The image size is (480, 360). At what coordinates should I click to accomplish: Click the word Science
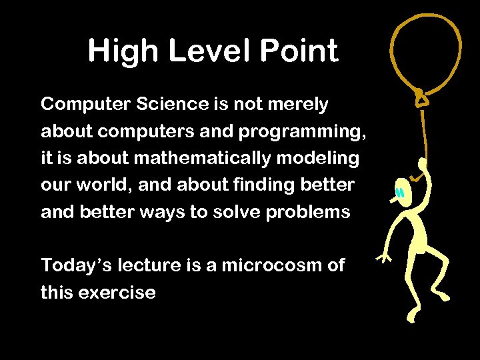coord(169,105)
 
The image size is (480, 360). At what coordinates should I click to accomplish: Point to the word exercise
coord(117,292)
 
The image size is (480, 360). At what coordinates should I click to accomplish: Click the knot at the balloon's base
coord(421,99)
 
